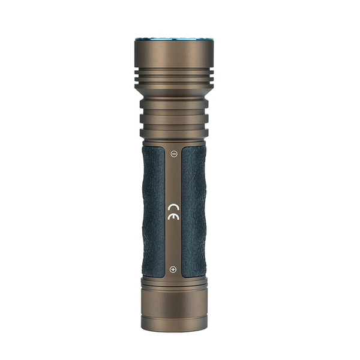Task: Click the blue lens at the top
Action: (174, 38)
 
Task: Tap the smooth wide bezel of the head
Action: (174, 53)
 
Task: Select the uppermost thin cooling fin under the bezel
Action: (174, 73)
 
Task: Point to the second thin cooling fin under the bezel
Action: (174, 79)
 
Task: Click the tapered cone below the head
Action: (174, 91)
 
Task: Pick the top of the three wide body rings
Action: (174, 103)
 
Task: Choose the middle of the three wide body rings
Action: (174, 118)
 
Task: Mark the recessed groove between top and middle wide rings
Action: (174, 111)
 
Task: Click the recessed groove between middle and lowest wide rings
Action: (174, 126)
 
